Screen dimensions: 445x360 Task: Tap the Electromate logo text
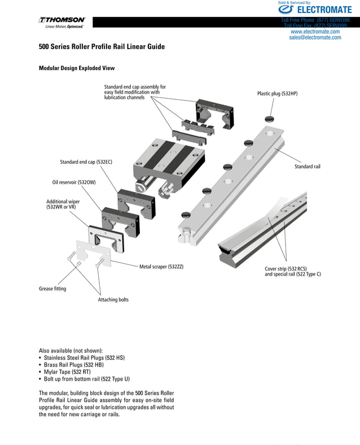pyautogui.click(x=323, y=10)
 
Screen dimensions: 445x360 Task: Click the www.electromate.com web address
pyautogui.click(x=315, y=32)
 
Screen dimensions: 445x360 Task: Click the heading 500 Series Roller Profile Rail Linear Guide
pyautogui.click(x=102, y=47)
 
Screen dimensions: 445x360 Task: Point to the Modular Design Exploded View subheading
pyautogui.click(x=76, y=68)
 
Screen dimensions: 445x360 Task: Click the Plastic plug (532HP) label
pyautogui.click(x=277, y=93)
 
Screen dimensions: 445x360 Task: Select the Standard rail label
pyautogui.click(x=307, y=167)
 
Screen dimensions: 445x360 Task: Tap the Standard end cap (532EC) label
pyautogui.click(x=86, y=162)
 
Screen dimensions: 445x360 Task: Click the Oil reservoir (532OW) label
pyautogui.click(x=71, y=182)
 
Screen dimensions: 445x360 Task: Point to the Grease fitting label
pyautogui.click(x=52, y=289)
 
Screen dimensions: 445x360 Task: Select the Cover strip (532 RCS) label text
pyautogui.click(x=286, y=269)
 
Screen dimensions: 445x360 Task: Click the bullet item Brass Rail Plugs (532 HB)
pyautogui.click(x=82, y=365)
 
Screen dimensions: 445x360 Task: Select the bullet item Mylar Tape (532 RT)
pyautogui.click(x=76, y=372)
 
